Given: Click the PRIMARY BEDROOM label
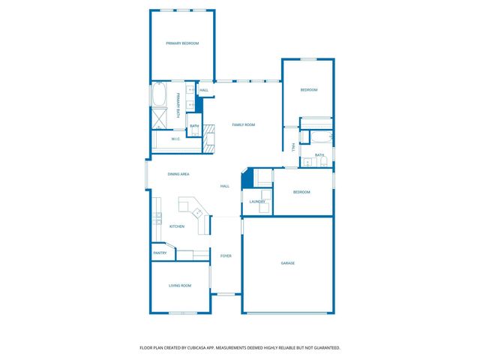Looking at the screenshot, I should click(x=182, y=43).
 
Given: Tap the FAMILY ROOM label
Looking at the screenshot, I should click(x=243, y=124).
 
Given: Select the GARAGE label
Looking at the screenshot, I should click(x=287, y=263).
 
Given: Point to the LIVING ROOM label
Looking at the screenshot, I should click(x=179, y=286).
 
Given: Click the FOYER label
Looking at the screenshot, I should click(x=226, y=256).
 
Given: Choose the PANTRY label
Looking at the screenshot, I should click(x=159, y=253).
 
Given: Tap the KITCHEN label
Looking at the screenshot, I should click(x=176, y=226).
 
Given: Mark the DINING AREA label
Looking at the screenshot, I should click(x=178, y=174).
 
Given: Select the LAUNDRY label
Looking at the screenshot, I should click(x=257, y=202).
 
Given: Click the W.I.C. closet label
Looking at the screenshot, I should click(x=175, y=139).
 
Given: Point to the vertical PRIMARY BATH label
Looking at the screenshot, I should click(x=178, y=105).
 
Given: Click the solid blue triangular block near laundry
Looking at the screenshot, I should click(x=246, y=181).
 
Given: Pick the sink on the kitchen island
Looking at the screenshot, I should click(x=199, y=212).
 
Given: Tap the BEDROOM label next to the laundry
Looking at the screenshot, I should click(x=301, y=192).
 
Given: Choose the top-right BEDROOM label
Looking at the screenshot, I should click(x=309, y=90).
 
